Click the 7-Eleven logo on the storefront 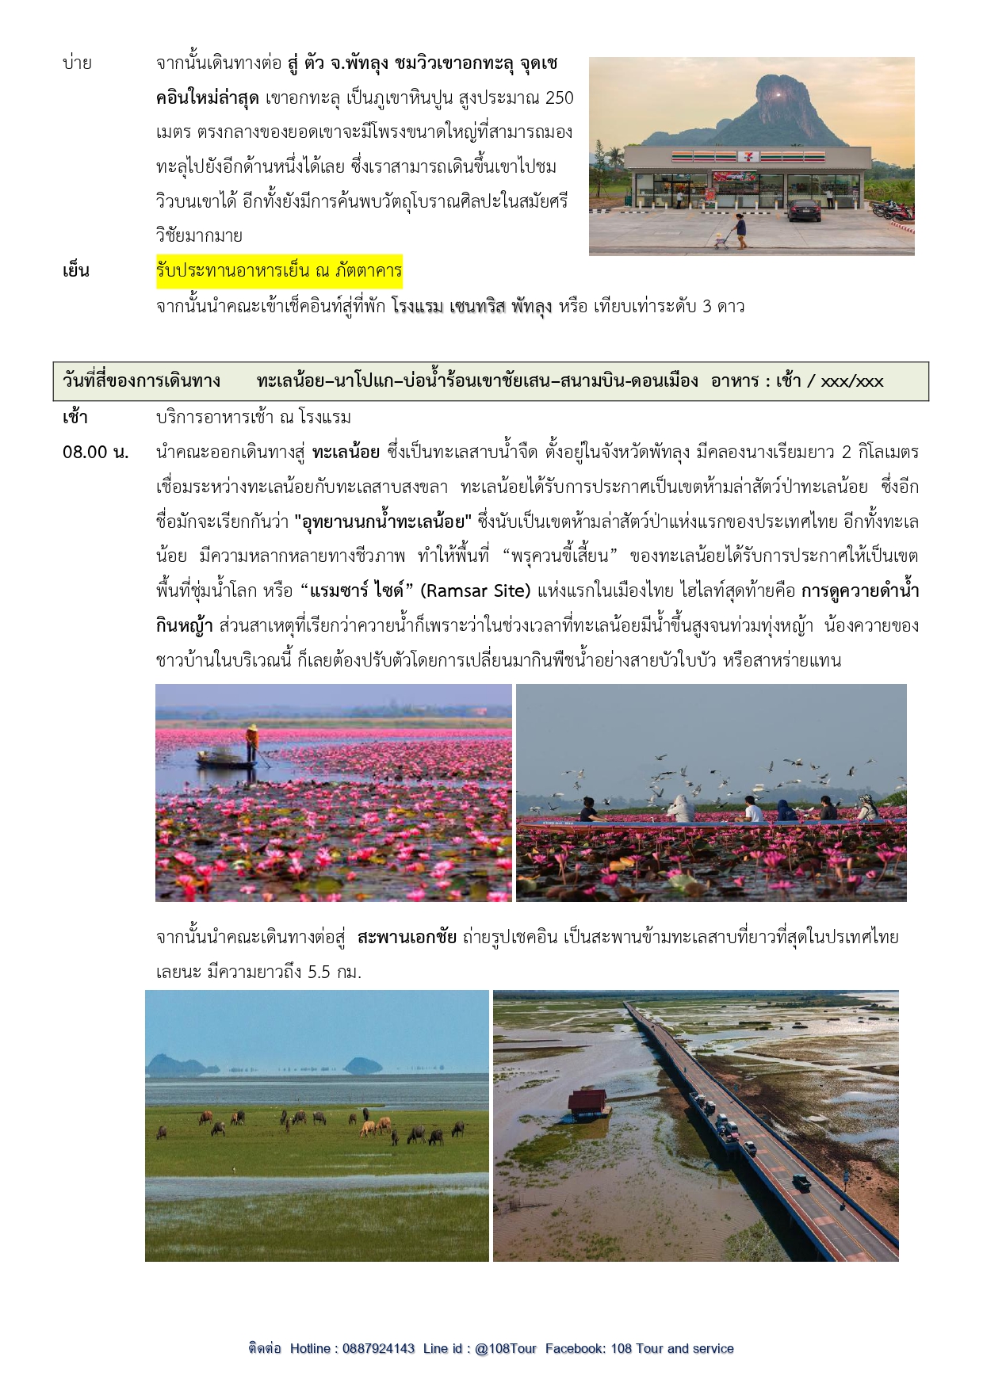(x=746, y=156)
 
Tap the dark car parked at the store (x=804, y=210)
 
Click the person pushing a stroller (x=740, y=230)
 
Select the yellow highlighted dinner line (x=279, y=271)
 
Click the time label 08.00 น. (x=95, y=453)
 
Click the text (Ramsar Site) (x=475, y=590)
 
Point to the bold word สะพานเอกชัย (x=407, y=937)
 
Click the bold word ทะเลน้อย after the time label (x=346, y=453)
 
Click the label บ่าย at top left (x=77, y=63)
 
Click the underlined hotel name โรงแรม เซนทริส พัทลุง (x=471, y=307)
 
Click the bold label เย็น (x=76, y=271)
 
